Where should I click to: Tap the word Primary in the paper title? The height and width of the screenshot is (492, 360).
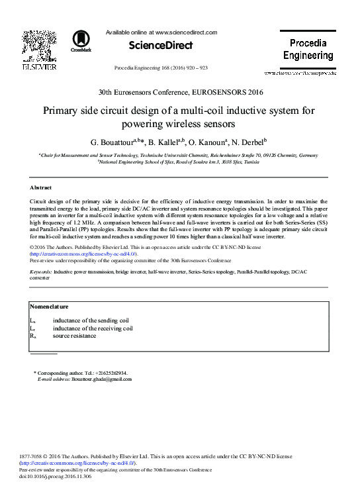[63, 111]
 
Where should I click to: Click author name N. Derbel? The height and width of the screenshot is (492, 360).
[248, 141]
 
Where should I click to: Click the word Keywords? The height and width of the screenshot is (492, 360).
[41, 271]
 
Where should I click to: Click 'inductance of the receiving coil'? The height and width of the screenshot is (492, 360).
[93, 328]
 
